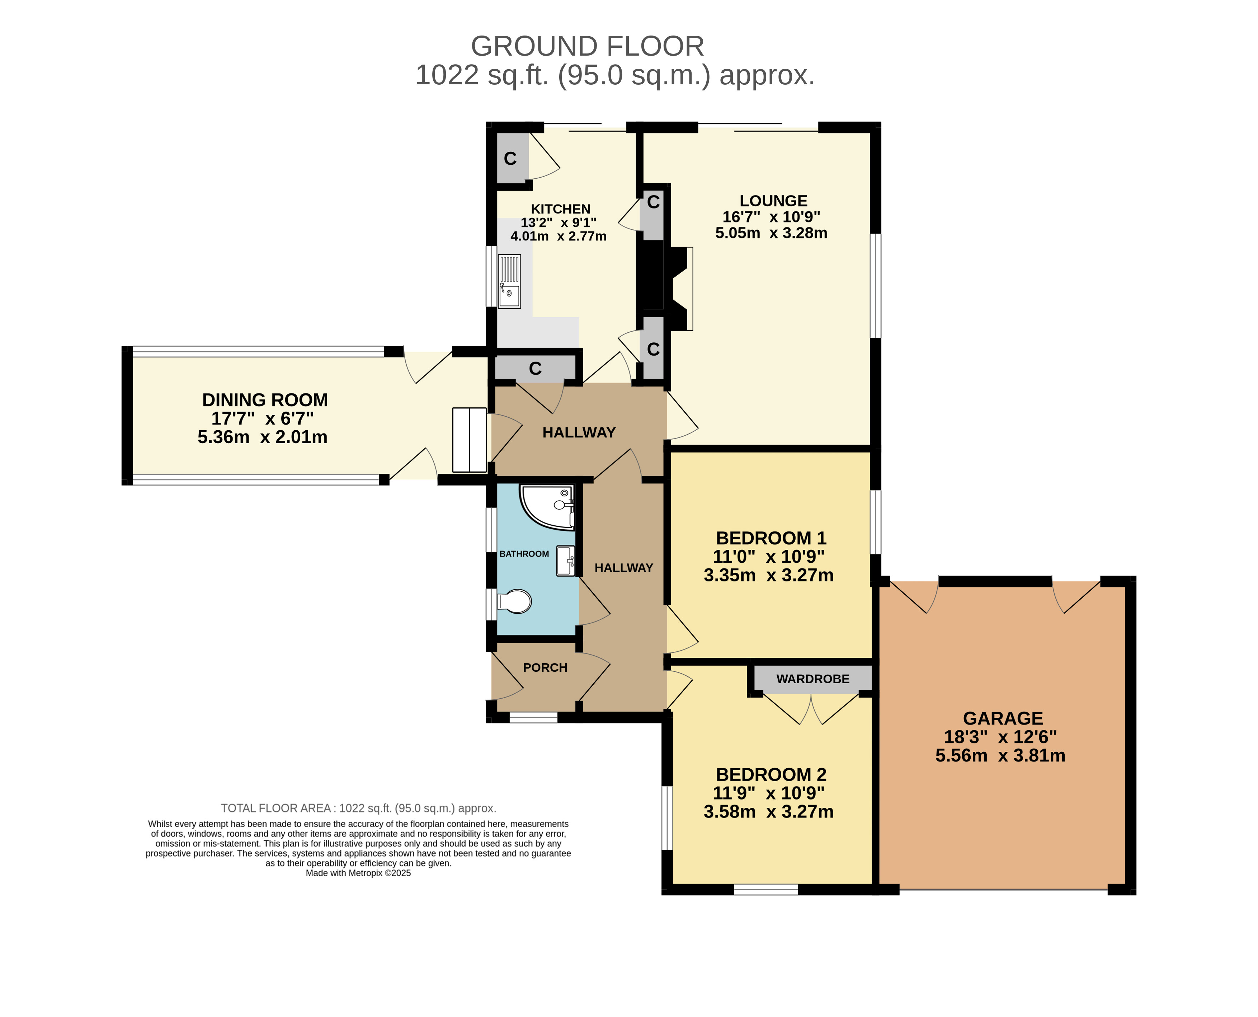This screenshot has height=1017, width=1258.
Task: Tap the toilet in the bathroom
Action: coord(514,601)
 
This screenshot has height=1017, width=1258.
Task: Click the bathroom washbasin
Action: coord(565,561)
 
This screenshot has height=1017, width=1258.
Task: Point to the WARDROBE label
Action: coord(812,679)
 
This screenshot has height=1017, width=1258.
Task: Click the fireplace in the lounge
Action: coord(679,289)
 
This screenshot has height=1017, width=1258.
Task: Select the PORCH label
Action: coord(545,668)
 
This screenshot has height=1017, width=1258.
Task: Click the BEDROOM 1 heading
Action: coord(771,538)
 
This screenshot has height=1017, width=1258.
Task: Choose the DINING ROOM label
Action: coord(265,400)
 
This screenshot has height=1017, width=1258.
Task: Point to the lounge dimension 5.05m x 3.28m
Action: coord(771,233)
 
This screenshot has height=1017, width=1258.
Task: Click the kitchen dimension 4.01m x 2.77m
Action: coord(558,237)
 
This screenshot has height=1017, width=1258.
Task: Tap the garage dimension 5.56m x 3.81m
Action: coord(1000,756)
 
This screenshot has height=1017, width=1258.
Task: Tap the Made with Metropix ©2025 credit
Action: coord(358,873)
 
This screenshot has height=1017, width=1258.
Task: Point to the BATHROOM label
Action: coord(524,554)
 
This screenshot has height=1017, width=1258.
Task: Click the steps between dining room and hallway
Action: coord(469,440)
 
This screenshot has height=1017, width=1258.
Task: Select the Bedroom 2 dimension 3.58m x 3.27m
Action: coord(768,812)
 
